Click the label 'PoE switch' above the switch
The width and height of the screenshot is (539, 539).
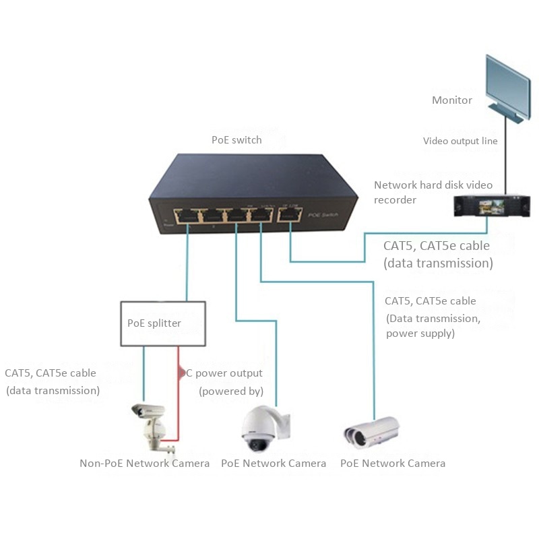[236, 140]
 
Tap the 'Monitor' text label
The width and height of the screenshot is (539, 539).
[451, 100]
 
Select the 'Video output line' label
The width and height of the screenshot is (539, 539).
[460, 141]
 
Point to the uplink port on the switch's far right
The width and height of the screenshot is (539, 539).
[290, 216]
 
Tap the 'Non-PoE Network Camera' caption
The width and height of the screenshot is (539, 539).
[144, 464]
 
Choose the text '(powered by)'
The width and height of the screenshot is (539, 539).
[231, 391]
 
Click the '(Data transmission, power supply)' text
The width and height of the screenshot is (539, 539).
[433, 326]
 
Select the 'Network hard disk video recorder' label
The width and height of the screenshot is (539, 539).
[433, 192]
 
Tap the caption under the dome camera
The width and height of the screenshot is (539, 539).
[274, 464]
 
